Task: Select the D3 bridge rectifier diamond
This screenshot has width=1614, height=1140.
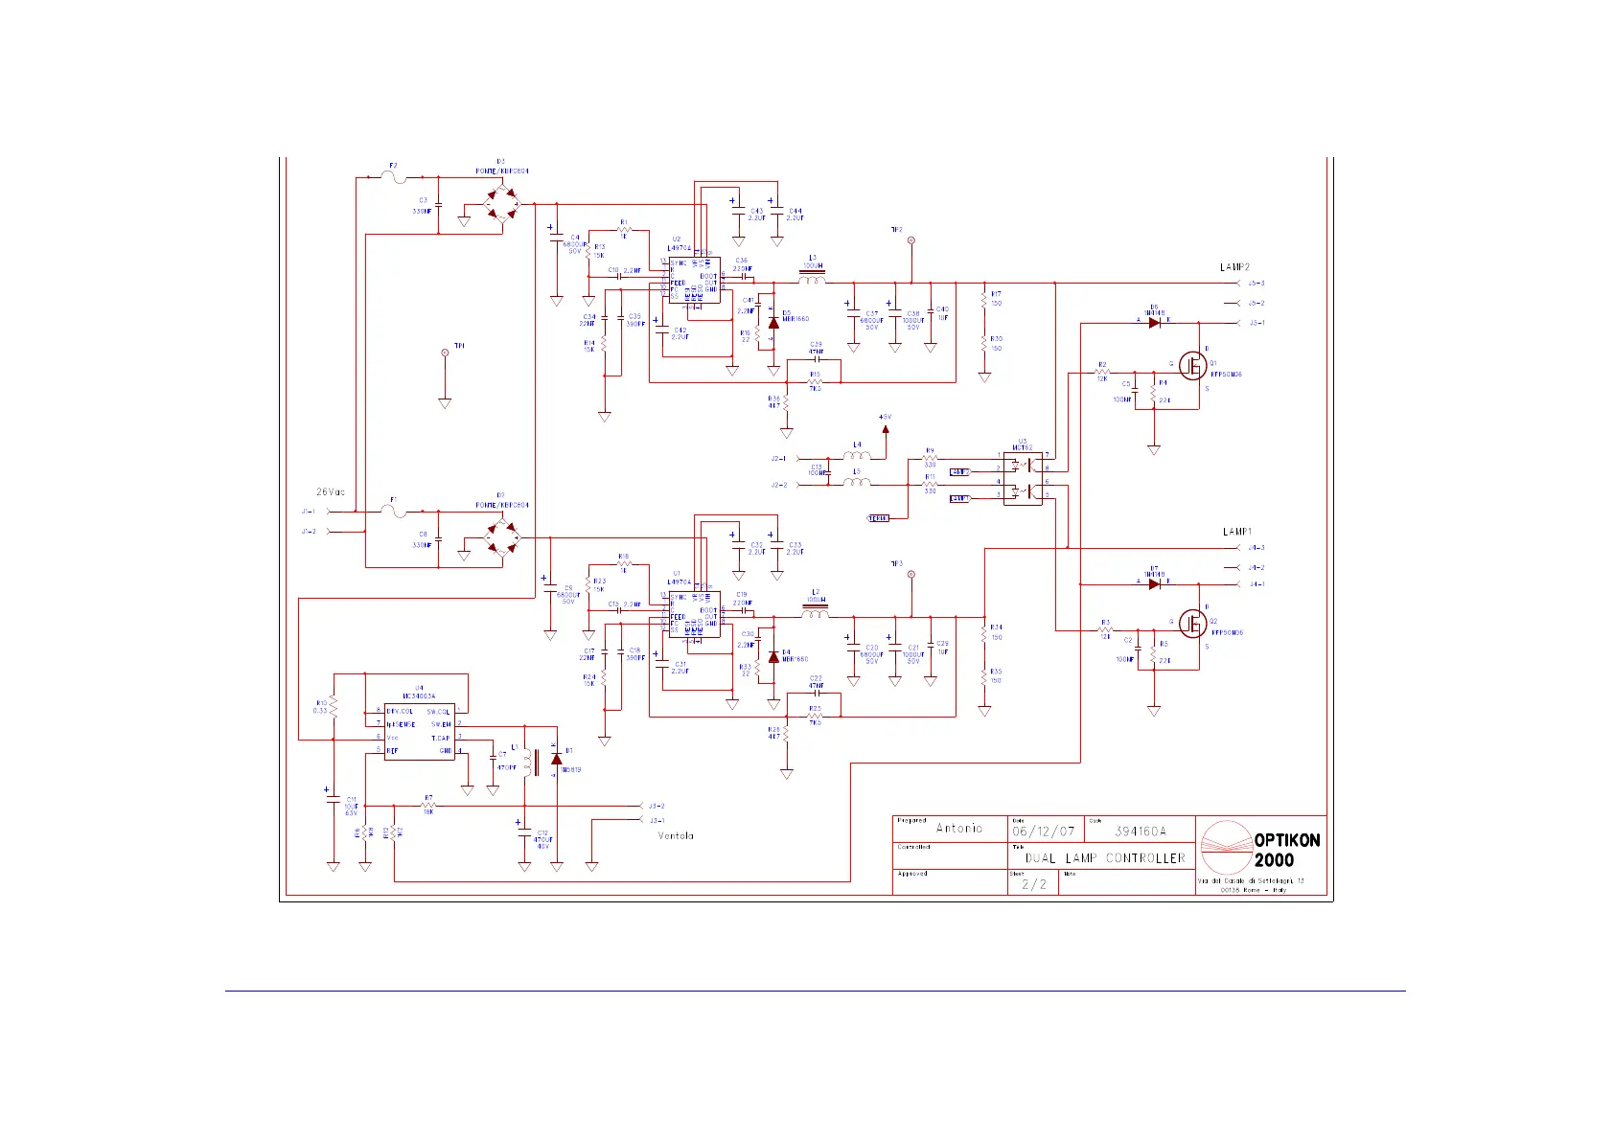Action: point(500,204)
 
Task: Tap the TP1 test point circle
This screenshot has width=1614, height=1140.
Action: point(445,353)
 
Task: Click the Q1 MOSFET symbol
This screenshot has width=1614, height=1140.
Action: point(1192,364)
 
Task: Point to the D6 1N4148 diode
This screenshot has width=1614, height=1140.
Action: point(1154,323)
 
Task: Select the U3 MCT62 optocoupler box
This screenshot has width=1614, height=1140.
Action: point(1023,479)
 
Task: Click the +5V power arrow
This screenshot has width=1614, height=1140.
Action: point(886,428)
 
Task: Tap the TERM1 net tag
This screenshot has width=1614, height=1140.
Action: point(878,518)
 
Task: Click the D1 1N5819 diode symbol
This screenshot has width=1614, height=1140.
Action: point(556,760)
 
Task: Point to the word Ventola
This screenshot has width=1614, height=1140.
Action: point(676,836)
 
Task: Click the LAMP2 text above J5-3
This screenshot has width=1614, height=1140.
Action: point(1234,267)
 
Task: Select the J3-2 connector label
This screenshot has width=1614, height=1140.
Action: point(657,807)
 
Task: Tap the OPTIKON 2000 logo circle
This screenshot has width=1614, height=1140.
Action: point(1226,847)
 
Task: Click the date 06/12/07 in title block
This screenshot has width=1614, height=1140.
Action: point(1044,832)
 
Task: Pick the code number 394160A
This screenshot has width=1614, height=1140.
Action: point(1141,832)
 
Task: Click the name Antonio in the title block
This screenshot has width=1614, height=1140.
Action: point(959,829)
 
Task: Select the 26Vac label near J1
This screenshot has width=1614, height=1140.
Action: point(331,492)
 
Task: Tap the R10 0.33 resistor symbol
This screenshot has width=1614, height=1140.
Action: point(333,706)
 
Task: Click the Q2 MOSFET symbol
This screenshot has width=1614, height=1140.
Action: point(1192,624)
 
